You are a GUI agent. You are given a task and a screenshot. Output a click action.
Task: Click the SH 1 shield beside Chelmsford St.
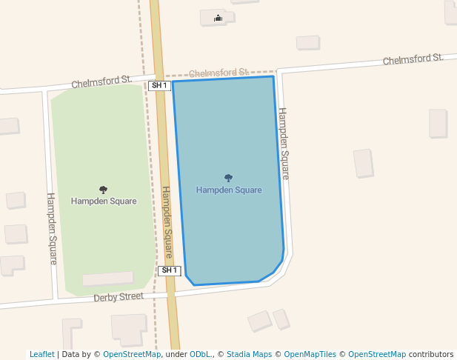coord(159,86)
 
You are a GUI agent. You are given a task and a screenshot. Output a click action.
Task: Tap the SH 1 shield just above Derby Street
coord(170,270)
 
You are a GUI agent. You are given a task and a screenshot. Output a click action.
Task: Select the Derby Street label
coord(119,297)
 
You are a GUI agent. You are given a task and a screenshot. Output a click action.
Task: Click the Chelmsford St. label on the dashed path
coord(219,73)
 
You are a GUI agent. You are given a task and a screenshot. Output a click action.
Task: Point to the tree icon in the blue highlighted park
coord(228,178)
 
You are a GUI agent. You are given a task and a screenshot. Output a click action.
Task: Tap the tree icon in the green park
coord(103,190)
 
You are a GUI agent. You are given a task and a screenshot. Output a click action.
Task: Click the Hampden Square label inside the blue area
coord(229,190)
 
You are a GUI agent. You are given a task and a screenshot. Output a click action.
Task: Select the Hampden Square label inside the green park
coord(104,201)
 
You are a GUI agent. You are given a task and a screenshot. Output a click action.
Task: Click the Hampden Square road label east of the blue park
coord(283,144)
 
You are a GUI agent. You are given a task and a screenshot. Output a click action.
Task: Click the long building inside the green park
coord(108,279)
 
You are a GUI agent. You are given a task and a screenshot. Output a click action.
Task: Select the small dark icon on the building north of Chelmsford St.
coord(218,18)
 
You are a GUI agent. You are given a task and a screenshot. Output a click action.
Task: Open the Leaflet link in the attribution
coord(42,354)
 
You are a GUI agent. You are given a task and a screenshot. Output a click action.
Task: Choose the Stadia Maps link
coord(249,354)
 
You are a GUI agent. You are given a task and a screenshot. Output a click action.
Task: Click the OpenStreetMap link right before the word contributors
coord(376,354)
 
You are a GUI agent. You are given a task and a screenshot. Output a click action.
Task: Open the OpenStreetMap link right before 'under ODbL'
coord(131,354)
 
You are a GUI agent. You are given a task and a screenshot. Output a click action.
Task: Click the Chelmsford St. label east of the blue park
coord(413,59)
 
